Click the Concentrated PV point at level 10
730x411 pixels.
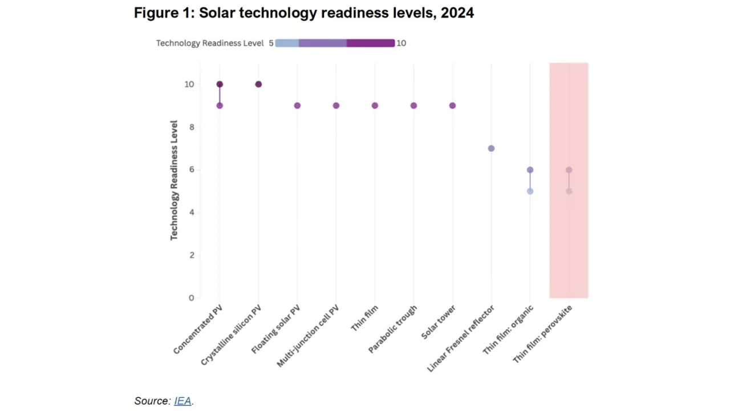pos(220,84)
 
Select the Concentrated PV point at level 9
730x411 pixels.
pos(220,106)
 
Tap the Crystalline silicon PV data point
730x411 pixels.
pos(258,84)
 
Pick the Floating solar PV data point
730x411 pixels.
pos(297,106)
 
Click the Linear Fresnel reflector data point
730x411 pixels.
pos(491,148)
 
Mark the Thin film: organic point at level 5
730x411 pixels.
pos(530,191)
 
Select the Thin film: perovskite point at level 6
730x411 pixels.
pos(569,170)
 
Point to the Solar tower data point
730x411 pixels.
pos(452,106)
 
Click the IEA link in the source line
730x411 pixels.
pos(182,401)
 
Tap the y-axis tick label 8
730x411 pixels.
pos(191,127)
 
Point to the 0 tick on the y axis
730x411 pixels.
pos(191,298)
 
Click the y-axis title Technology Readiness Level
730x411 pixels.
pos(174,180)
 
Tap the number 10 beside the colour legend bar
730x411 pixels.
pos(401,43)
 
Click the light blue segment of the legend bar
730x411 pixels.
pos(287,43)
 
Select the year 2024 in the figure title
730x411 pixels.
pos(454,13)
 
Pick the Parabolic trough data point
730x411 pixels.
pos(413,106)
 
